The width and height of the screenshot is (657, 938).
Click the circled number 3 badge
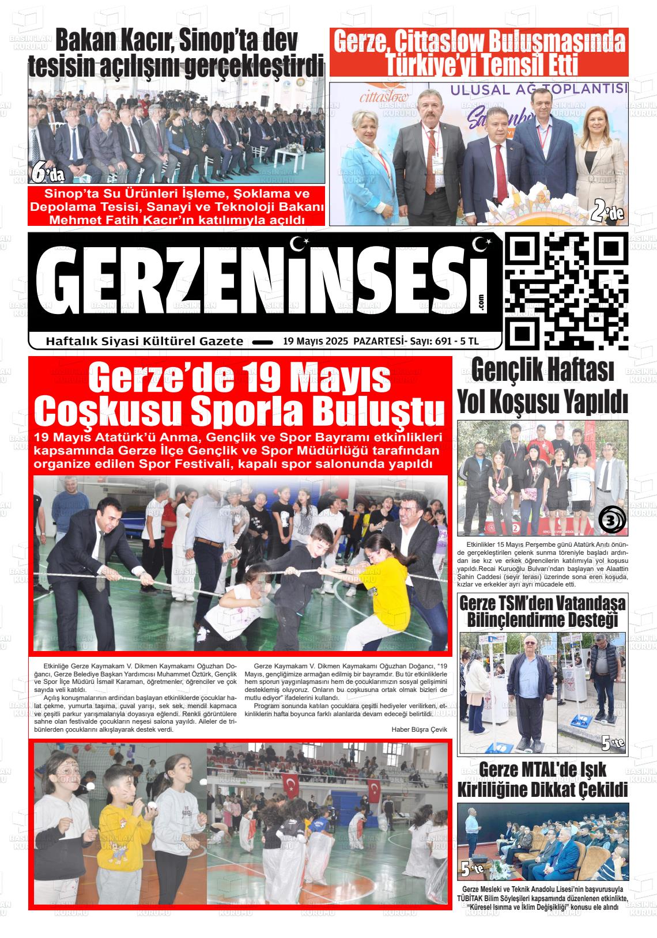[x=610, y=521]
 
